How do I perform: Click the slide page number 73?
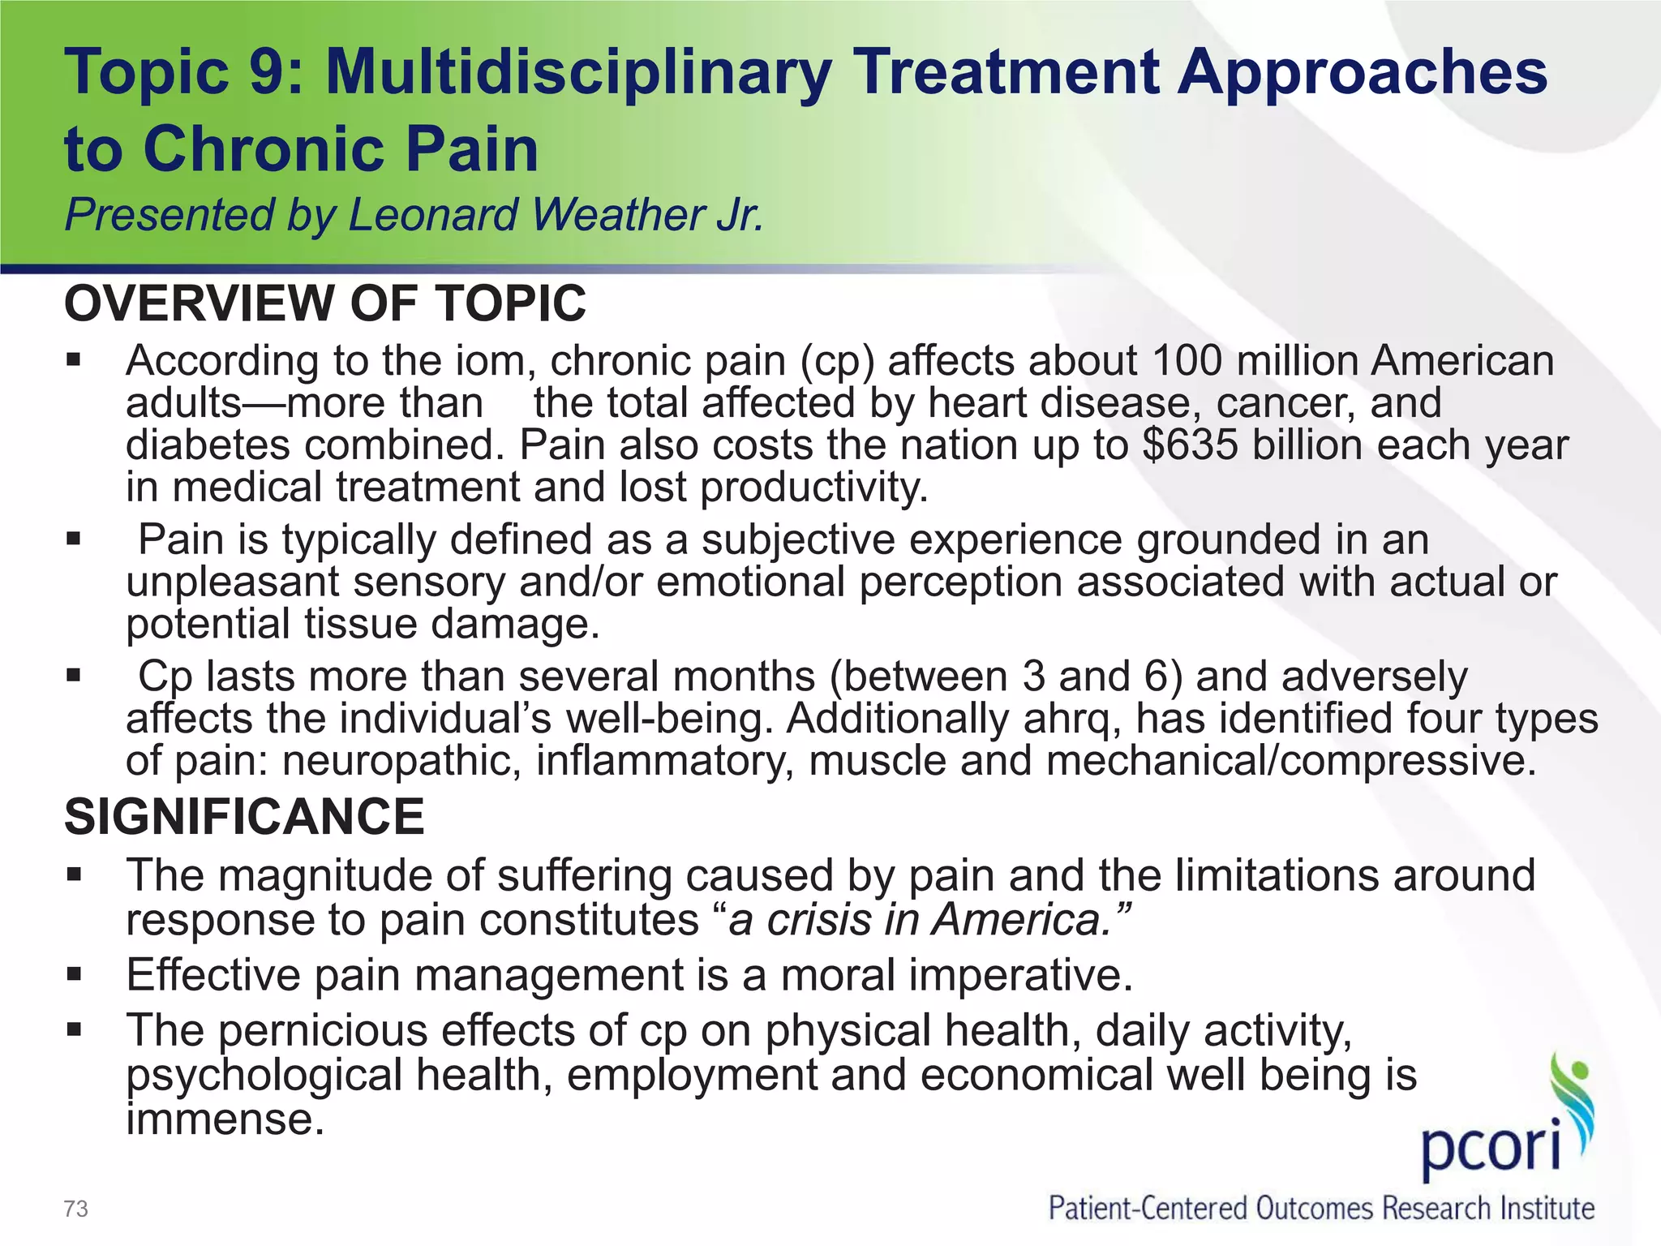(75, 1209)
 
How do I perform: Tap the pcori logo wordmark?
(1491, 1149)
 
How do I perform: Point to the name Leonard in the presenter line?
(435, 215)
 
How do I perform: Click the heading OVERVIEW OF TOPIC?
(324, 303)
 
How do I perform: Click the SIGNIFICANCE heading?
(244, 816)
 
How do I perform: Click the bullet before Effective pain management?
(74, 974)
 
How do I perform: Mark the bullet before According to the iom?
(74, 360)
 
